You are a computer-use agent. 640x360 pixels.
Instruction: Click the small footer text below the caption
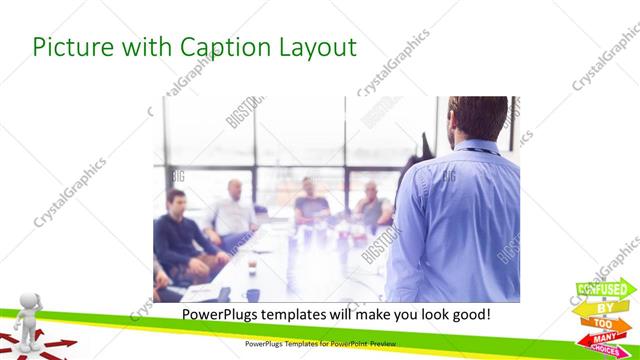[x=319, y=344]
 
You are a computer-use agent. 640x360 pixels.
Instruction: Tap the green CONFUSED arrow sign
[x=605, y=290]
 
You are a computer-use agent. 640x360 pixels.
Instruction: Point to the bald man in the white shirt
[x=235, y=210]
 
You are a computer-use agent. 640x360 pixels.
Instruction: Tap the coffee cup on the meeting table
[x=252, y=266]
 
